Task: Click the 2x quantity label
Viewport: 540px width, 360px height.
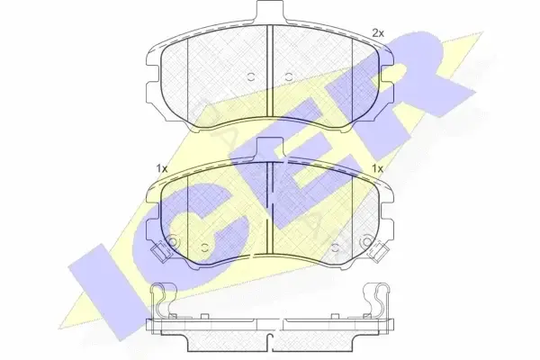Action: coord(378,33)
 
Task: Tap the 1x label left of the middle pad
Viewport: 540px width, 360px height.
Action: coord(161,169)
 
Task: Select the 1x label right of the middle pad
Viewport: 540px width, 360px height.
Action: coord(377,169)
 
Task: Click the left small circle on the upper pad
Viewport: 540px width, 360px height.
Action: coord(251,76)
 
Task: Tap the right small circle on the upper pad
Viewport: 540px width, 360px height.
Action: coord(289,76)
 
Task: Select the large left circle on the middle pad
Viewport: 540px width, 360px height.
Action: coord(173,242)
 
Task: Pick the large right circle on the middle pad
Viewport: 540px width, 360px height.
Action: coord(365,242)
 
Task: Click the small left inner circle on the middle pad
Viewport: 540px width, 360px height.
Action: coord(205,247)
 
